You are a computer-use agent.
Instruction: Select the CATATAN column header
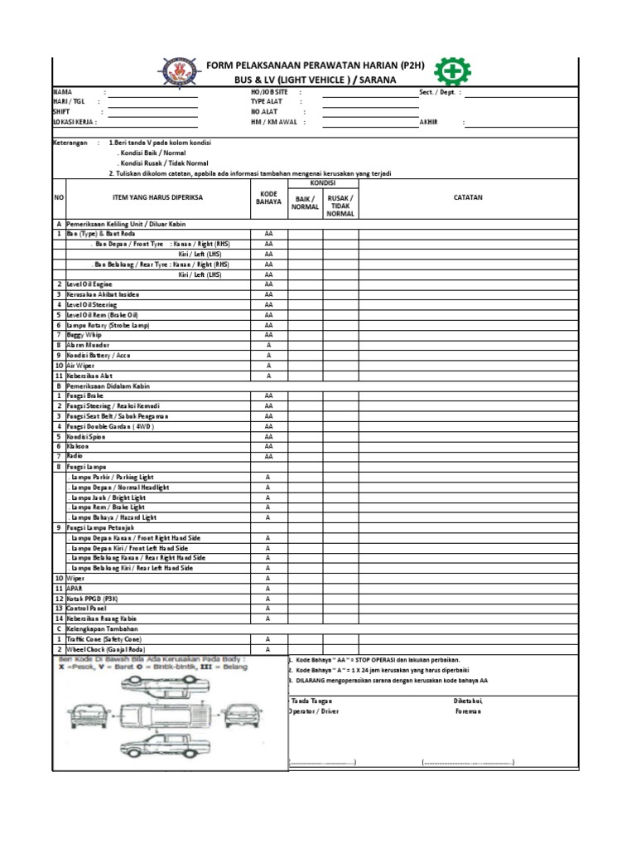(x=468, y=197)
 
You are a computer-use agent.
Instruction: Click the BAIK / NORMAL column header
(x=305, y=202)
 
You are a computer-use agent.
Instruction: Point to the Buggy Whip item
(x=84, y=334)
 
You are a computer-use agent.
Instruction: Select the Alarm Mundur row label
(x=88, y=344)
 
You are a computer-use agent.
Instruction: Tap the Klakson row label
(x=79, y=445)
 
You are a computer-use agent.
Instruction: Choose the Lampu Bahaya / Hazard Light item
(x=111, y=517)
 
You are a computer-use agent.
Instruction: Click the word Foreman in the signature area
(x=468, y=711)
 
